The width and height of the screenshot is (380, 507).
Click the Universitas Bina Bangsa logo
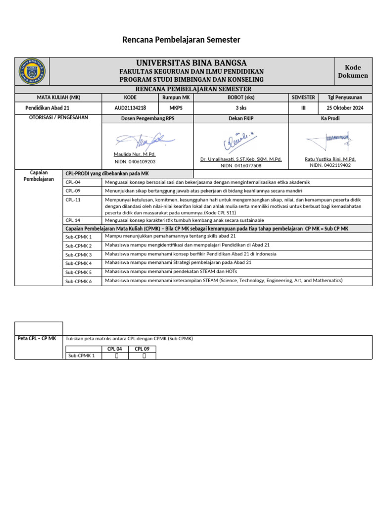coord(32,71)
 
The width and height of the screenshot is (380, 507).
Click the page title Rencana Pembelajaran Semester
coord(181,40)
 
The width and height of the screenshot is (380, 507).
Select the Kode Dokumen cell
coord(353,71)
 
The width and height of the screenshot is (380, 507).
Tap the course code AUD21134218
coord(130,107)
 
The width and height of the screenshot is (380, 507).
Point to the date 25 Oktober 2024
coord(344,107)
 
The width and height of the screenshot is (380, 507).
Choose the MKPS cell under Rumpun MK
coord(176,107)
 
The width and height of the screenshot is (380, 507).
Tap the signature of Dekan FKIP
coord(241,141)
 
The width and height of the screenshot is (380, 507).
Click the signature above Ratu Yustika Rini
coord(329,140)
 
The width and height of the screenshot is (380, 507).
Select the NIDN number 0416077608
coord(241,166)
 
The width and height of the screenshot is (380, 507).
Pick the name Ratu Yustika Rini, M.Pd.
coord(330,159)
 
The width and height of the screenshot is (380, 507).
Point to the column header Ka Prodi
coord(330,118)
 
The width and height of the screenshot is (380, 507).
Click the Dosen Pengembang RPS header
coord(147,118)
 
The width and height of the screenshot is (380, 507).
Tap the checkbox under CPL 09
coord(144,355)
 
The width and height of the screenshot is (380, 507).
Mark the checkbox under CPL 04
coord(115,355)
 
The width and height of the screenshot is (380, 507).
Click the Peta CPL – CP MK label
coord(37,338)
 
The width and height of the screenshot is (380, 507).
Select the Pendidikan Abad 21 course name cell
coord(47,107)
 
